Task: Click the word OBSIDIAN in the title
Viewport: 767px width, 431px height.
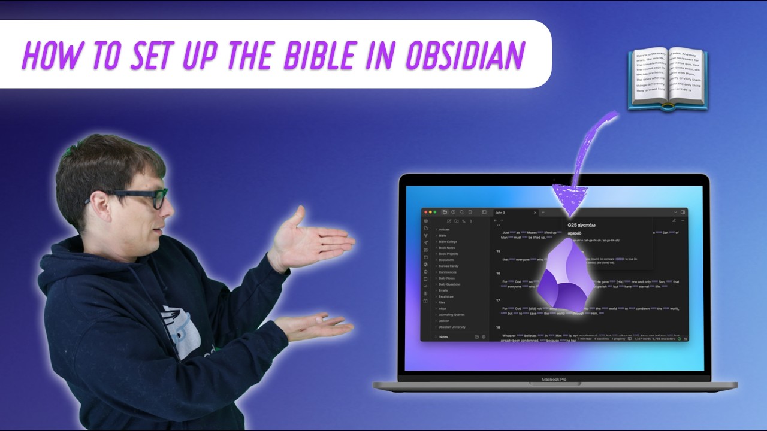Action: (465, 56)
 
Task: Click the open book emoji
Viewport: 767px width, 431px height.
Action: (668, 78)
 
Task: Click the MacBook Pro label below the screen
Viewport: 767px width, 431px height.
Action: (554, 379)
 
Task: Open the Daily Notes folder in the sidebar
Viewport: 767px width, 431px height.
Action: (447, 278)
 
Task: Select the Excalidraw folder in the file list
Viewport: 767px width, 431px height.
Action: (447, 296)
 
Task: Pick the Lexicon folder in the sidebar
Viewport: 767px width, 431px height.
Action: (444, 321)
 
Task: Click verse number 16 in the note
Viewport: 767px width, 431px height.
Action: (498, 273)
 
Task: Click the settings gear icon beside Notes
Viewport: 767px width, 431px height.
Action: (484, 337)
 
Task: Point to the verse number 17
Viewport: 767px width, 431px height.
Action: (498, 301)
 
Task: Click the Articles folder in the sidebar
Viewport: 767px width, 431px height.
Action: (444, 229)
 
